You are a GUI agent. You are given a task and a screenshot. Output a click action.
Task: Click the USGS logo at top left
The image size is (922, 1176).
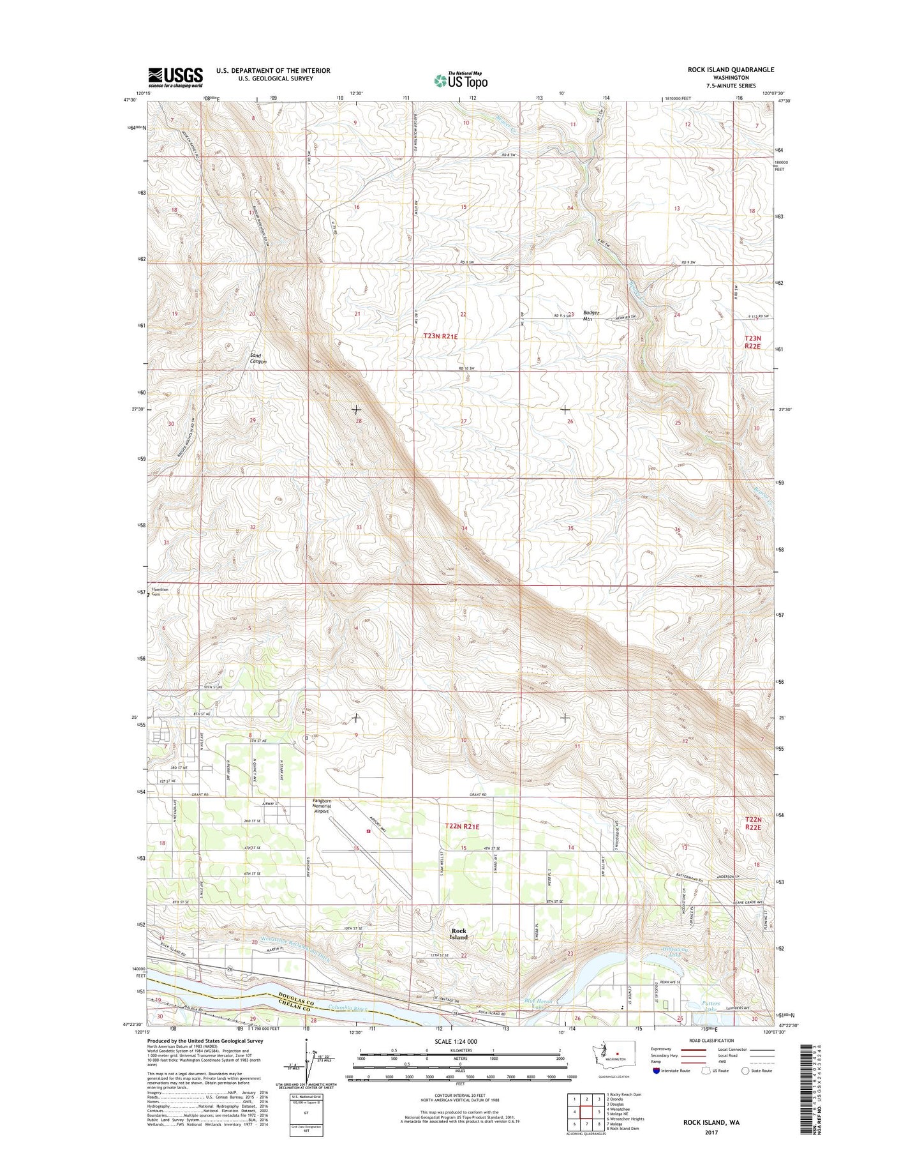[175, 77]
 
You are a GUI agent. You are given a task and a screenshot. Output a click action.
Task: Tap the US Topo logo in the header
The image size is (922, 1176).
[461, 80]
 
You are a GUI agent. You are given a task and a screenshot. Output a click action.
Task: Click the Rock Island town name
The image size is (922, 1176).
[458, 934]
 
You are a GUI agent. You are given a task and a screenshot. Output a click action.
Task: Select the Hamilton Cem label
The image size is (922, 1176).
[160, 592]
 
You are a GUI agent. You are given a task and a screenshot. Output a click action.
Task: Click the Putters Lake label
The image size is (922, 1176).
[710, 1006]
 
